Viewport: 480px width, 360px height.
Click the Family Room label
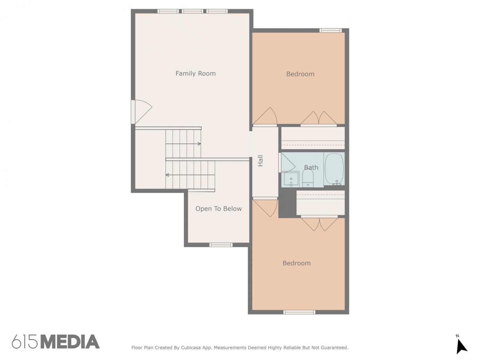(196, 74)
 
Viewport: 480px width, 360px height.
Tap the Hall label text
(260, 161)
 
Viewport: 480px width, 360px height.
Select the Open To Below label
(219, 209)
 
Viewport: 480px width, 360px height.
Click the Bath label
(311, 167)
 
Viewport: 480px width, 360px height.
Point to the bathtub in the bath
(334, 169)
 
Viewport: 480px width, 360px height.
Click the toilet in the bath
(308, 178)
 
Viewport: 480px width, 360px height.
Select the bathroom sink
(290, 179)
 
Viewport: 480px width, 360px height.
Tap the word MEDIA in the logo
(70, 342)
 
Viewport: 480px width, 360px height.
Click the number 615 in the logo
(25, 342)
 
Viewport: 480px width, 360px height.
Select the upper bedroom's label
(300, 74)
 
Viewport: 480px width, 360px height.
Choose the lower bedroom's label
(297, 263)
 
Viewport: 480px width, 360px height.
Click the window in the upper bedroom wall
(331, 30)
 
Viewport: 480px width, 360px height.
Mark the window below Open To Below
(221, 245)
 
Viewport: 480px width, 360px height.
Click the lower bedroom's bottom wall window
(299, 312)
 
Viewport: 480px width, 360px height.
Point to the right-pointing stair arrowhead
(199, 144)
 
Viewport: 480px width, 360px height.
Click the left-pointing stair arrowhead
(167, 175)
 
